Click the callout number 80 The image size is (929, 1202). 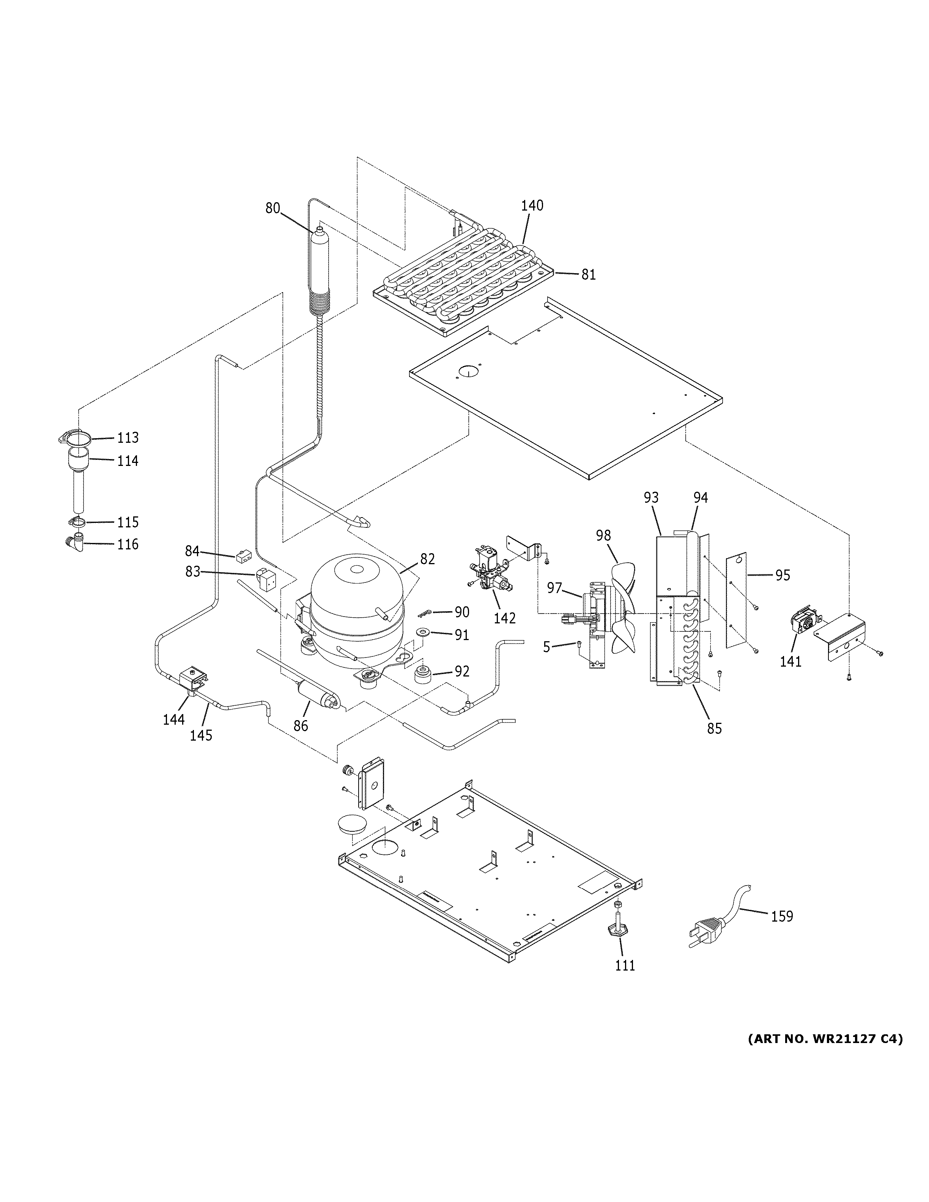pos(272,208)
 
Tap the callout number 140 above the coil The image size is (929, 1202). pos(532,205)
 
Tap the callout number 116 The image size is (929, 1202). pos(128,544)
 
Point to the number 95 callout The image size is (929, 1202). pos(782,575)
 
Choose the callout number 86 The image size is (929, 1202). pos(301,726)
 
